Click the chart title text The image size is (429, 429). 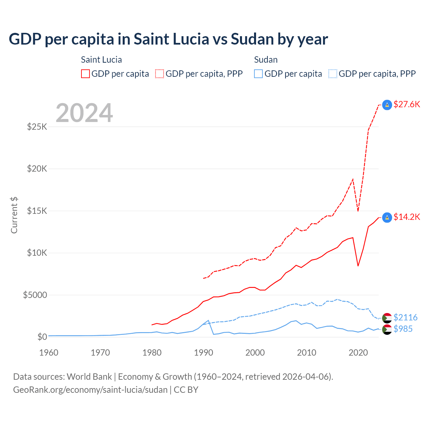[x=168, y=39]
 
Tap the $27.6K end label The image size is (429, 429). [x=407, y=104]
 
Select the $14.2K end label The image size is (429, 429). [x=407, y=217]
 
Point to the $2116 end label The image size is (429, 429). [x=405, y=317]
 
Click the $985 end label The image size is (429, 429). [x=403, y=329]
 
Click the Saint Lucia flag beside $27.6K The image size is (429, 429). [x=387, y=105]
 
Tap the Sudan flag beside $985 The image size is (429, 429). [x=387, y=329]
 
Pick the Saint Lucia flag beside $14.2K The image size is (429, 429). [x=387, y=218]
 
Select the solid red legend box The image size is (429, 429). [x=85, y=74]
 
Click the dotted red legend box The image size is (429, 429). [x=160, y=74]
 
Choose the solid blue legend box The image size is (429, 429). [x=258, y=74]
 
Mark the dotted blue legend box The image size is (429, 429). [x=333, y=74]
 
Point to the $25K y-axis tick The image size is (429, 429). [x=37, y=127]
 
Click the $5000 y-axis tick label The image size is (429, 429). [x=35, y=295]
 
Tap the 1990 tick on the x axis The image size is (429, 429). [x=203, y=353]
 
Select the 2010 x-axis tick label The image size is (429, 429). [x=307, y=353]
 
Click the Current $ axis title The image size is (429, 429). [x=14, y=215]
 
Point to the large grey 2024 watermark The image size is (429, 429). [x=84, y=113]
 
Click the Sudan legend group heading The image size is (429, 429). [x=266, y=60]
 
